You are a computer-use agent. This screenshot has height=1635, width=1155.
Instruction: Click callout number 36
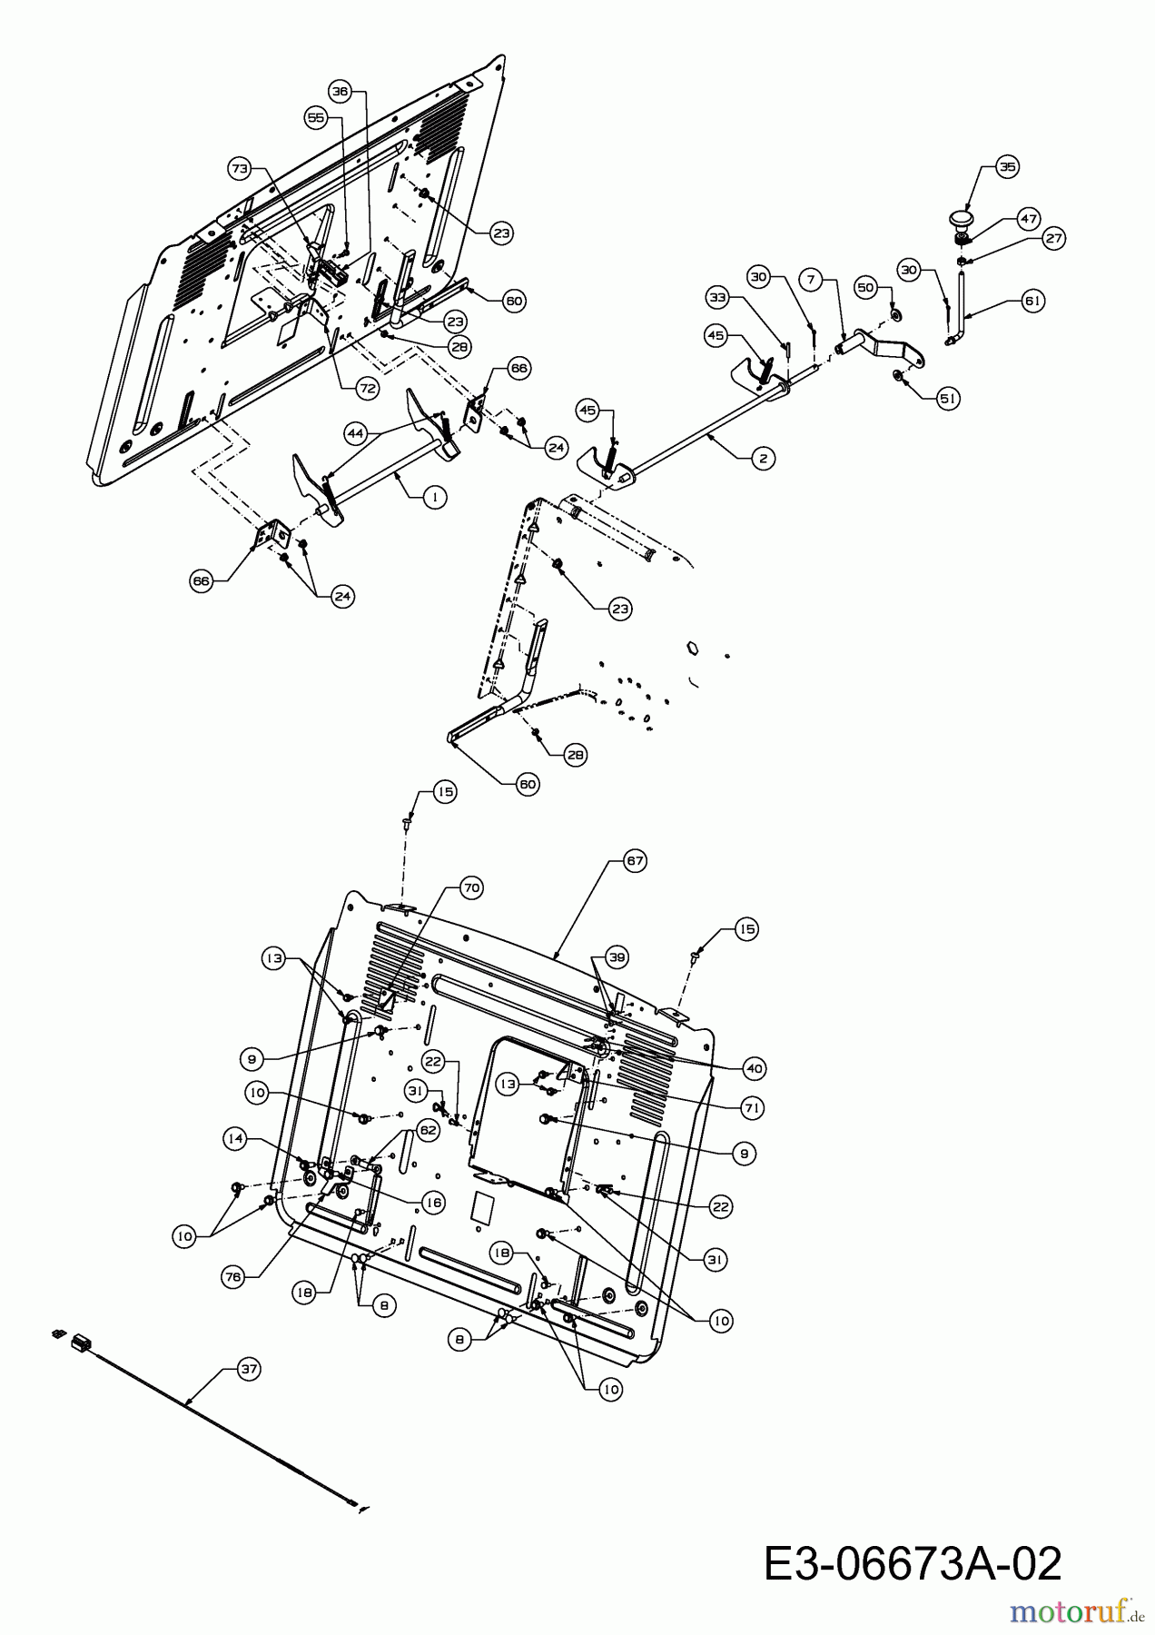click(x=340, y=91)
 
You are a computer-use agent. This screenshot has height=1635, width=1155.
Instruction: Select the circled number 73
click(x=239, y=168)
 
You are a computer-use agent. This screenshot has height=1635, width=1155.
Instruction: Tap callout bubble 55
click(x=315, y=118)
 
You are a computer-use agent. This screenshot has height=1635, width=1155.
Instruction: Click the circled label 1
click(x=436, y=496)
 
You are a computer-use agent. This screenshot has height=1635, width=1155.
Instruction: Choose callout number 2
click(x=763, y=459)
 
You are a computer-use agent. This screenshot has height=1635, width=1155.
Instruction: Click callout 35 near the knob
click(x=1006, y=166)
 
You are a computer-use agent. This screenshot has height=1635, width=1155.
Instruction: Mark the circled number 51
click(x=948, y=398)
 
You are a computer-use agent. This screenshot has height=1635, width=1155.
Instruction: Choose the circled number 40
click(x=754, y=1069)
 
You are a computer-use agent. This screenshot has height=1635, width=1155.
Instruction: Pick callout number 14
click(x=237, y=1137)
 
